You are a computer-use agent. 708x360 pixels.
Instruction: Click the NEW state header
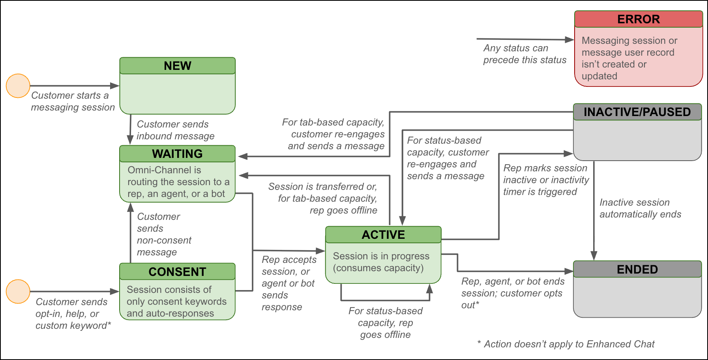point(178,66)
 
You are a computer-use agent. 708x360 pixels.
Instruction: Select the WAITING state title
point(178,154)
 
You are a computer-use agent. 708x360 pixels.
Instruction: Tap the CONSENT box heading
point(178,272)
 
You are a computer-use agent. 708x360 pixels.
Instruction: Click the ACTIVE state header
point(383,234)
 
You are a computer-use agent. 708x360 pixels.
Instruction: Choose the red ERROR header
point(638,19)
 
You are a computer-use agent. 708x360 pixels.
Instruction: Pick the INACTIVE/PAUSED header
point(637,112)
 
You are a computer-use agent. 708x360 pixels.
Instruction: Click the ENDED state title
point(637,269)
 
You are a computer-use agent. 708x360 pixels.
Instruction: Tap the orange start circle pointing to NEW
point(18,86)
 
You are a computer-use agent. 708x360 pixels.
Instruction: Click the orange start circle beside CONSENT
point(18,291)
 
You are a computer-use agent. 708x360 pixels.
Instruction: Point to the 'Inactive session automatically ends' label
point(640,208)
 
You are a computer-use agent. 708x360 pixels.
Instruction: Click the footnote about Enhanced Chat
point(566,344)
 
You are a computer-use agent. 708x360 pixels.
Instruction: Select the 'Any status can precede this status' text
point(524,54)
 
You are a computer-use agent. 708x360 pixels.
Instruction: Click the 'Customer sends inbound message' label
point(175,130)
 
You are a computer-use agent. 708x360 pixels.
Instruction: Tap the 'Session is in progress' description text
point(381,262)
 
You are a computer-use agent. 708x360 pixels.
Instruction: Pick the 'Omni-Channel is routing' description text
point(178,182)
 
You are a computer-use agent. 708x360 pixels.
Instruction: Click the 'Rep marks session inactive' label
point(546,180)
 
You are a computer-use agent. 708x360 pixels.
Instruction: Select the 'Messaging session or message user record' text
point(629,58)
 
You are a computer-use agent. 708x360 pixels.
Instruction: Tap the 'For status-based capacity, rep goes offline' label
point(385,322)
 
